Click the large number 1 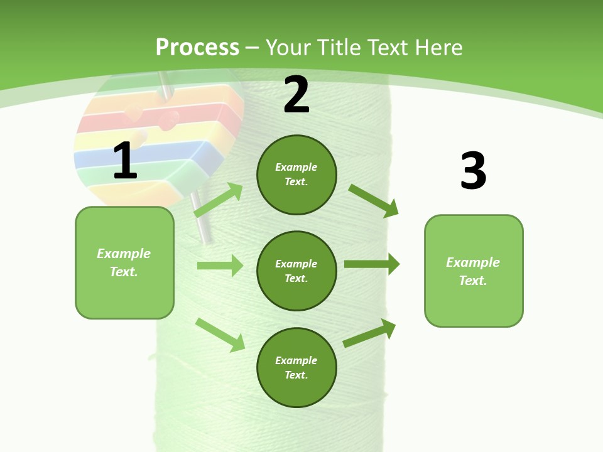click(125, 161)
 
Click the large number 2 click(296, 95)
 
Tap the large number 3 click(473, 171)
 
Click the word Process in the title click(197, 47)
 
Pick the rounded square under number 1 click(124, 262)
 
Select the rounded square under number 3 click(474, 271)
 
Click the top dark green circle click(296, 175)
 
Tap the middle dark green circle click(296, 271)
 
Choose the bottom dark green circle click(296, 367)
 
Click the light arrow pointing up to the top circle click(219, 200)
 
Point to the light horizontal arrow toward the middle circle click(220, 266)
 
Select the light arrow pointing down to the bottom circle click(220, 335)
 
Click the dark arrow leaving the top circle click(374, 200)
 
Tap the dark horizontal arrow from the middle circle click(372, 264)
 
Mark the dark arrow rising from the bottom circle click(370, 333)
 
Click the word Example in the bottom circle click(296, 360)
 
